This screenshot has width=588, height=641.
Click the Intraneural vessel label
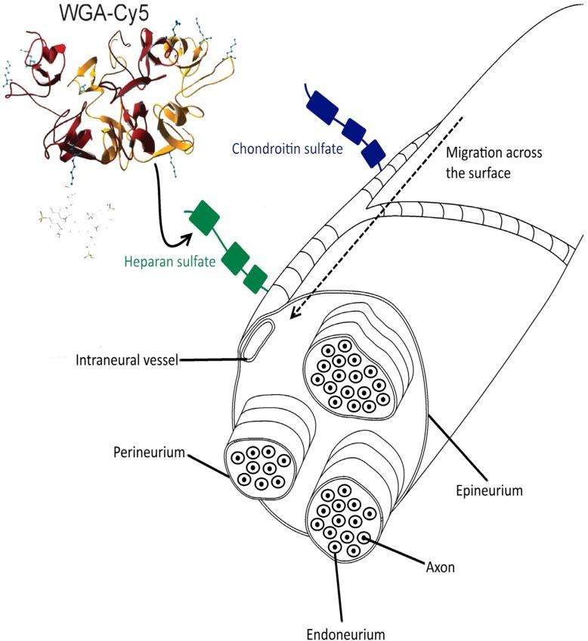(125, 360)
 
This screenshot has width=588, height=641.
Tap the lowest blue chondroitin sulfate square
(373, 153)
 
